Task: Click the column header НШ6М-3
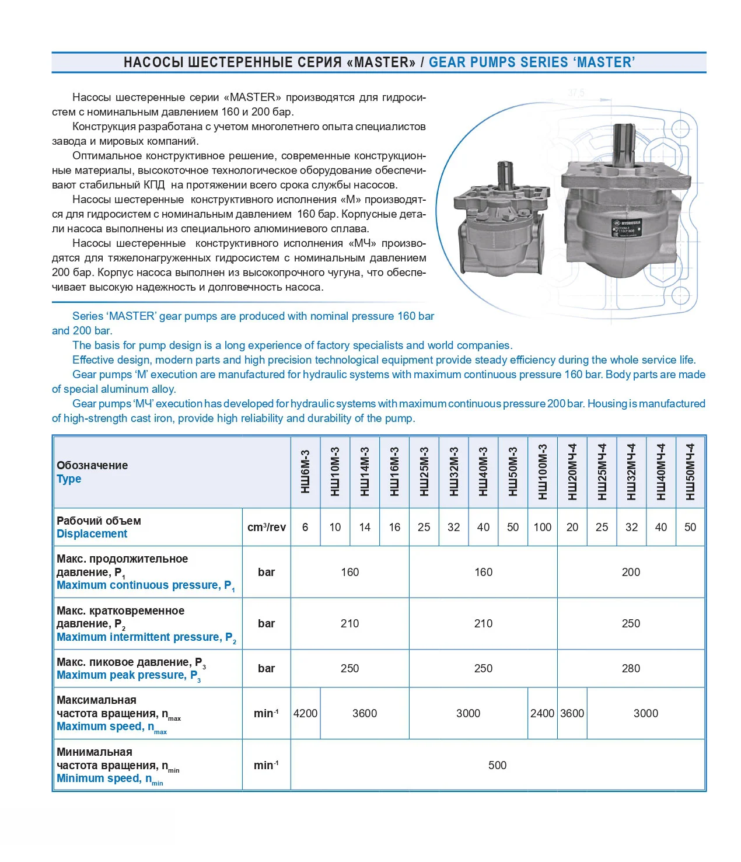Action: point(305,472)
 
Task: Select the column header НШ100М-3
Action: point(543,472)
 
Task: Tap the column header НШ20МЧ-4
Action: point(572,472)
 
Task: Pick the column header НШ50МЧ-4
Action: point(690,472)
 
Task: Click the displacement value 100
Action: point(543,527)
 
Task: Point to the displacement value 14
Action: point(365,527)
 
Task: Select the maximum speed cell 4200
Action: point(305,713)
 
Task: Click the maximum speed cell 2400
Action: point(543,713)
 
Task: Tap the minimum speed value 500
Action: point(497,765)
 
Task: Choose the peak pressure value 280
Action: point(631,668)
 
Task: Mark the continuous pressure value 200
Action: point(631,572)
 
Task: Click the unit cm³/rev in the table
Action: point(267,527)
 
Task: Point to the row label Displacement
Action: point(92,534)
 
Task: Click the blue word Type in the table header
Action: point(69,479)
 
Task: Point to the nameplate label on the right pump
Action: point(626,227)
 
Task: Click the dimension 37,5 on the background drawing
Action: point(576,93)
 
